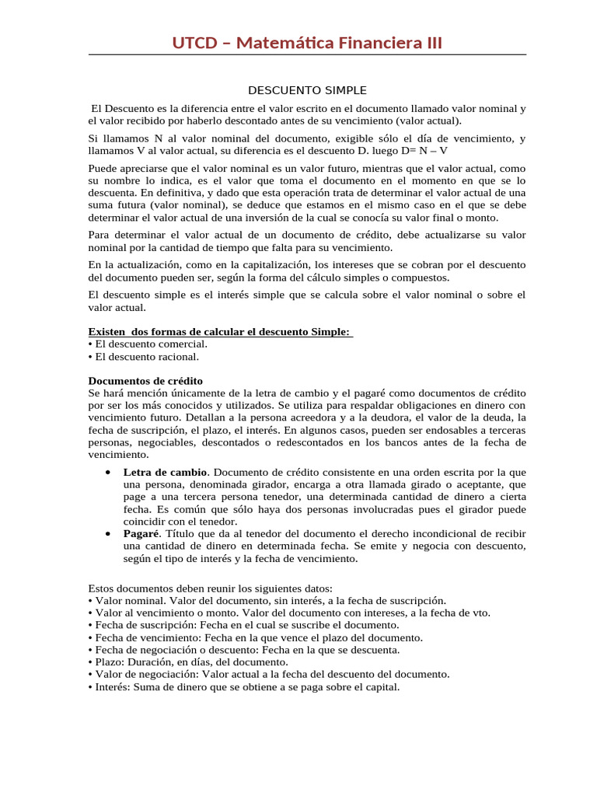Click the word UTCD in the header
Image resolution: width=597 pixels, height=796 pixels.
coord(194,43)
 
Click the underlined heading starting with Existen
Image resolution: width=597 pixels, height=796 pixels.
coord(221,332)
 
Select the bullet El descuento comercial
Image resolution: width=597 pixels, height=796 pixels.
coord(148,344)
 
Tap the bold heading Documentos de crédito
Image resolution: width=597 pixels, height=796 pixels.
coord(145,381)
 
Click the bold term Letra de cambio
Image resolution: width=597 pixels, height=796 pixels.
coord(165,472)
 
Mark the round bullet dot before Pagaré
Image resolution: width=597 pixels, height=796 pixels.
coord(105,533)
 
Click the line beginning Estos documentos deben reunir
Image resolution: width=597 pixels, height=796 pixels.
coord(211,588)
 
